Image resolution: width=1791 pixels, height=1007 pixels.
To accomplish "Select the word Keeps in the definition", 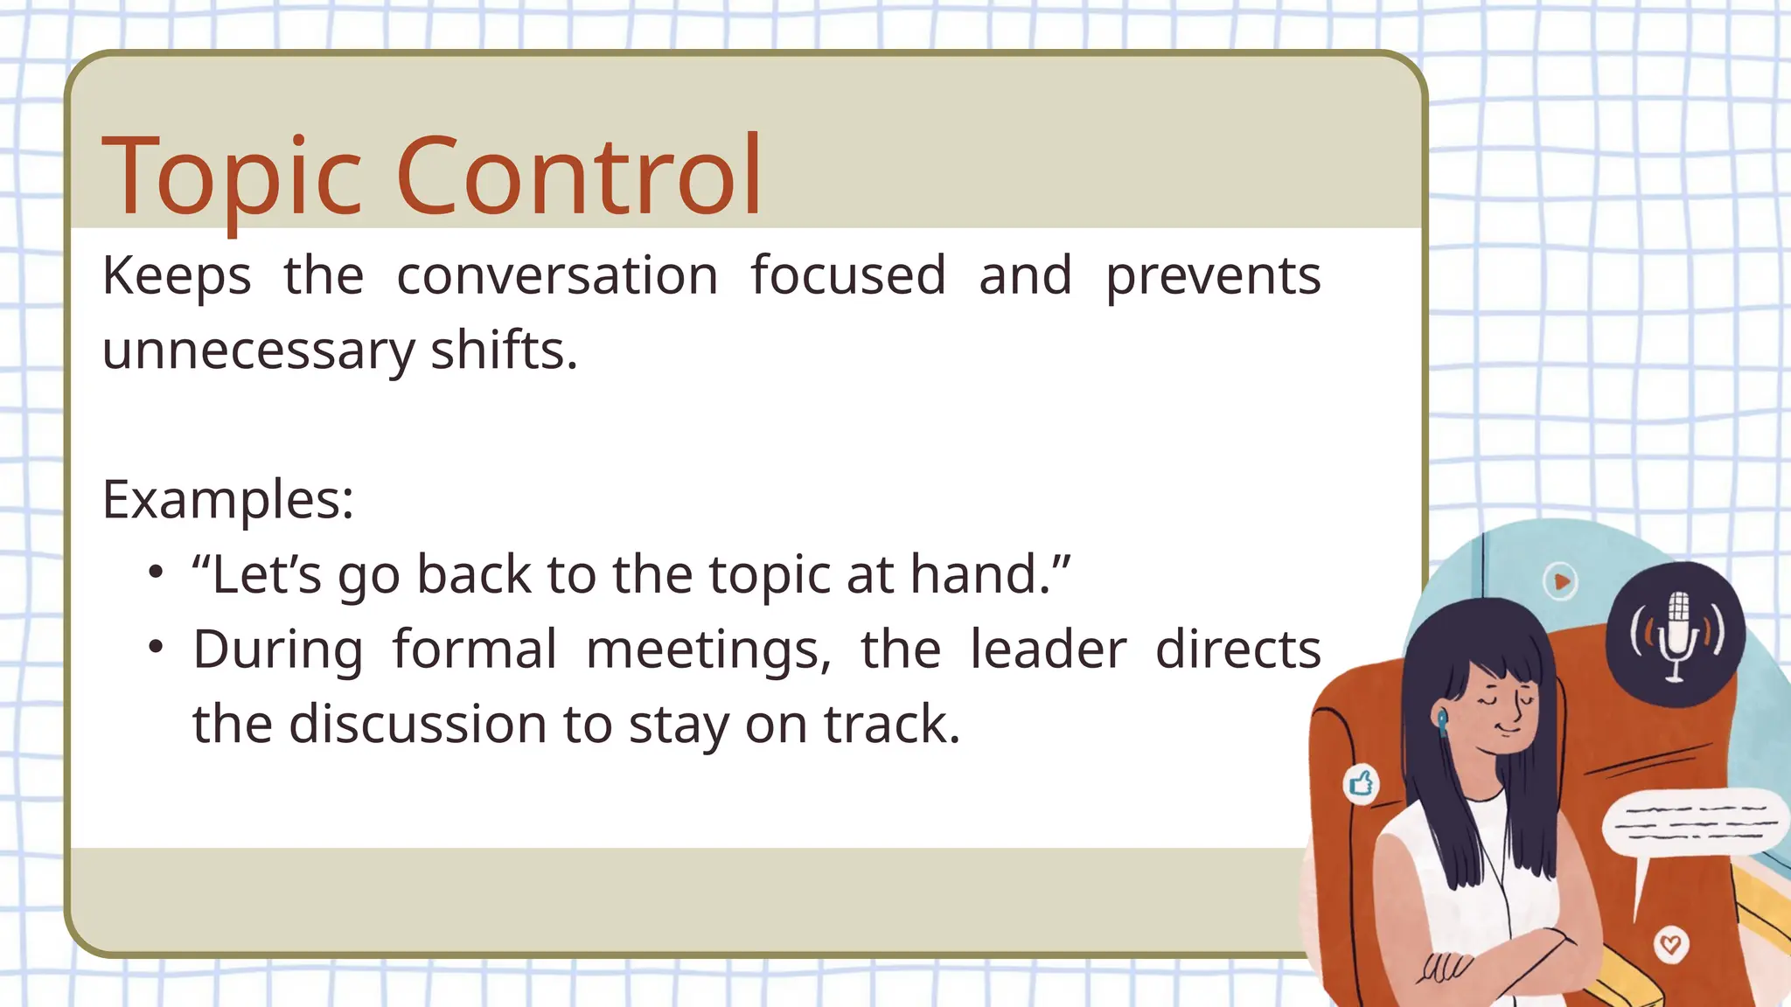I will click(177, 276).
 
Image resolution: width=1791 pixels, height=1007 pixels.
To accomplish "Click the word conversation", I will click(557, 276).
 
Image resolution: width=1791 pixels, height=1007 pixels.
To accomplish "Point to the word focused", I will click(848, 276).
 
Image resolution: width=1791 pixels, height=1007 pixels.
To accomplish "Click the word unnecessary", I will click(259, 351).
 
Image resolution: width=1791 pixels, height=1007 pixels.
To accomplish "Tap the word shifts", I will click(504, 351).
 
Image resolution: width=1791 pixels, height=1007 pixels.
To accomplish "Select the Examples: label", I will click(228, 500).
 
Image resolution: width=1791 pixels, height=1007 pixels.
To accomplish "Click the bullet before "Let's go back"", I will click(156, 573).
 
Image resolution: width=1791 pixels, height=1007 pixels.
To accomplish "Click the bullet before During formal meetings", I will click(156, 648).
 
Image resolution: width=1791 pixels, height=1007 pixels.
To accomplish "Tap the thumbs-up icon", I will click(1361, 782).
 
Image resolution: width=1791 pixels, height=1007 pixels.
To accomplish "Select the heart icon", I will click(1670, 944).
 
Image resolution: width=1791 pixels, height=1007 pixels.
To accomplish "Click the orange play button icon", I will click(1561, 581).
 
